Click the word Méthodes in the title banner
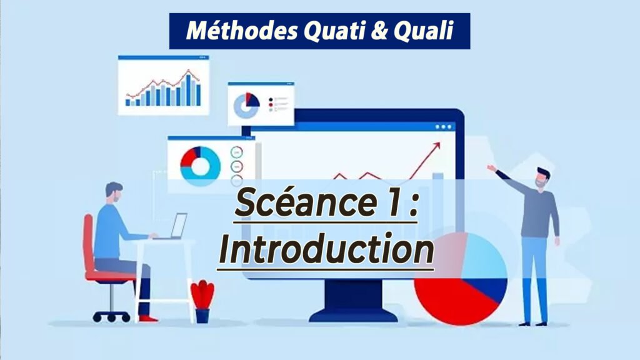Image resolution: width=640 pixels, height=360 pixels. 242,31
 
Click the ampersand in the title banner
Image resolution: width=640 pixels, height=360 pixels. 379,31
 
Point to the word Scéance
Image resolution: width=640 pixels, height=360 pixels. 305,203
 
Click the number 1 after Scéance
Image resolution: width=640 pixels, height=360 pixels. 394,203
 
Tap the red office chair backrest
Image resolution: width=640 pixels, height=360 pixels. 89,243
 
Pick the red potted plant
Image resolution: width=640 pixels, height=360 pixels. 202,301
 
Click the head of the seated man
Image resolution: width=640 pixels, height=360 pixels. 114,192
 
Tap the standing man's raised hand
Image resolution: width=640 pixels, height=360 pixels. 492,167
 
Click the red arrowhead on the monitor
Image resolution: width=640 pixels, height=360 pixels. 436,146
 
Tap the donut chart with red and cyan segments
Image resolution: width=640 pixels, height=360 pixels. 201,166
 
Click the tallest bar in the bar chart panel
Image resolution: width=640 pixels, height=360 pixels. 188,90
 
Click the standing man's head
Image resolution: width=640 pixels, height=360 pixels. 542,178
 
